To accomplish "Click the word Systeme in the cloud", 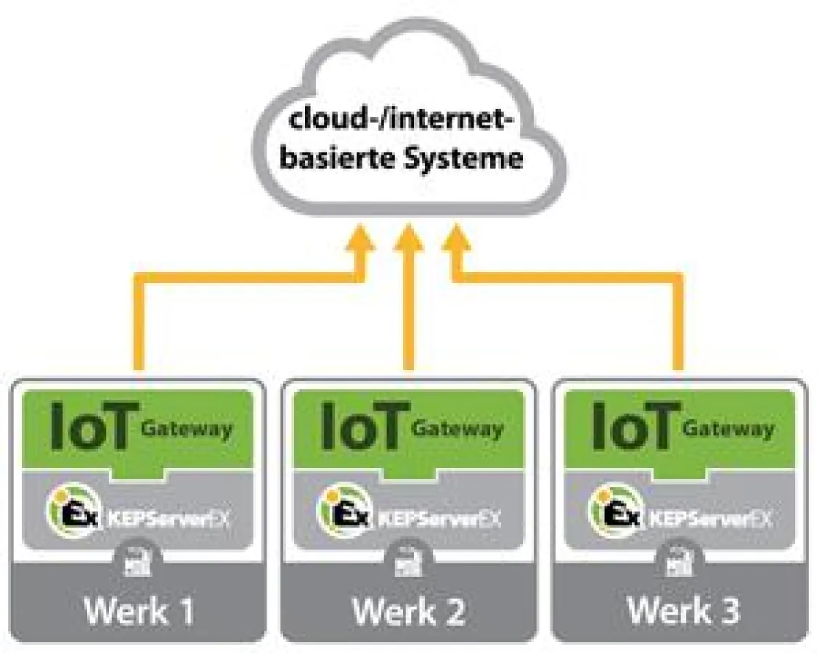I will (462, 157).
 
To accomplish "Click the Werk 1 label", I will (139, 610).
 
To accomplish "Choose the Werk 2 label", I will (409, 610).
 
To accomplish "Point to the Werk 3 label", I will (682, 610).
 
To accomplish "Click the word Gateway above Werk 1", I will (187, 429).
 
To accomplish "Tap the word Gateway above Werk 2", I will (457, 429).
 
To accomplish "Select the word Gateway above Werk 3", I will (728, 429).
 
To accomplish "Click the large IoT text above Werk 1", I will (92, 426).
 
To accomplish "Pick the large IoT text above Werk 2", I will (363, 426).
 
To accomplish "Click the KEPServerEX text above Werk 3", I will (710, 519).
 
